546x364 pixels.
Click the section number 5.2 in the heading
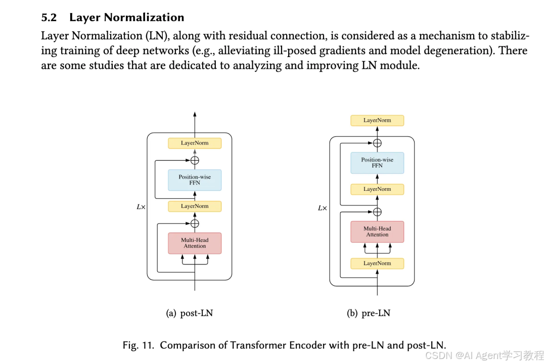pyautogui.click(x=49, y=18)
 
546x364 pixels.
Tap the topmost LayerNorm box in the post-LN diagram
pyautogui.click(x=195, y=143)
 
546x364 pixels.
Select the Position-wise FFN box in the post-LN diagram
pyautogui.click(x=195, y=180)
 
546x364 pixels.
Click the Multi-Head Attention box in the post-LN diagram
pyautogui.click(x=195, y=243)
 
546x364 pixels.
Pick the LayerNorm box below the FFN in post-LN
pyautogui.click(x=195, y=206)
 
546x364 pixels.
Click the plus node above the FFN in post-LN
pyautogui.click(x=195, y=161)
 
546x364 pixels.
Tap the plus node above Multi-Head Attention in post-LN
pyautogui.click(x=195, y=223)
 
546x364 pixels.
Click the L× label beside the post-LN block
pyautogui.click(x=141, y=207)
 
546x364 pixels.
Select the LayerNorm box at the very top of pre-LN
pyautogui.click(x=377, y=121)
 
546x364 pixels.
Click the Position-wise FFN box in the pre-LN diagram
pyautogui.click(x=377, y=163)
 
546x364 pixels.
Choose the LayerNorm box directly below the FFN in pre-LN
pyautogui.click(x=377, y=189)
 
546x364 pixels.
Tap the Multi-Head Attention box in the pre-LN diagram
pyautogui.click(x=377, y=232)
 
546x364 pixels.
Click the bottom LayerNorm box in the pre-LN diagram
pyautogui.click(x=377, y=264)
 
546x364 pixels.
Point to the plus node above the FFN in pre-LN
pyautogui.click(x=377, y=143)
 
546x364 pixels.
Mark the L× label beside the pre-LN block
pyautogui.click(x=322, y=208)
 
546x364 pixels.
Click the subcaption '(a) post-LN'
pyautogui.click(x=190, y=314)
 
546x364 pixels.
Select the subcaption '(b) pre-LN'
pyautogui.click(x=369, y=314)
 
